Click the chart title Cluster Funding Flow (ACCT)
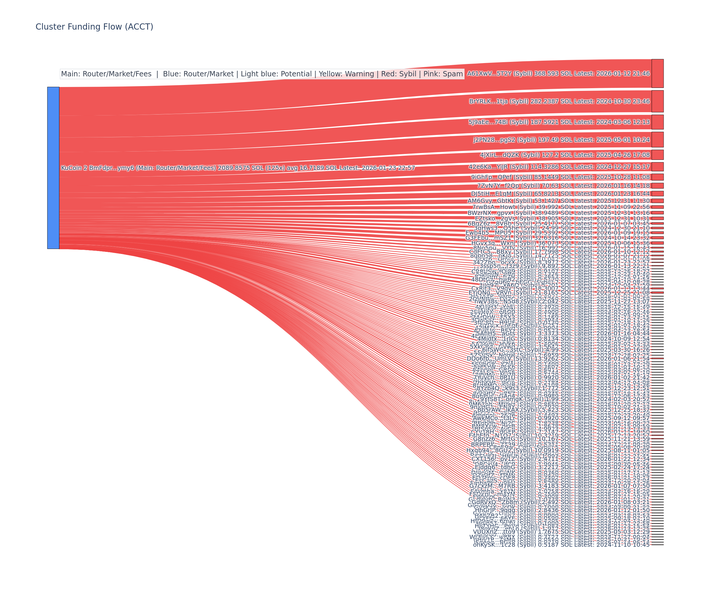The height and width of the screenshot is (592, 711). point(94,27)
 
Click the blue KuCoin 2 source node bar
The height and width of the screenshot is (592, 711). point(53,168)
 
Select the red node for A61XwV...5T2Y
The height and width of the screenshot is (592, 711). point(657,73)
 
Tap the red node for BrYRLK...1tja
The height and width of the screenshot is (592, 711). point(657,101)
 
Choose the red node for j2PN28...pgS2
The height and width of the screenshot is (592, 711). point(657,139)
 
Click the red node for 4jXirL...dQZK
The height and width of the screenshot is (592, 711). point(657,155)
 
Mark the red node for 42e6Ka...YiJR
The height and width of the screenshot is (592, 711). point(657,166)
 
